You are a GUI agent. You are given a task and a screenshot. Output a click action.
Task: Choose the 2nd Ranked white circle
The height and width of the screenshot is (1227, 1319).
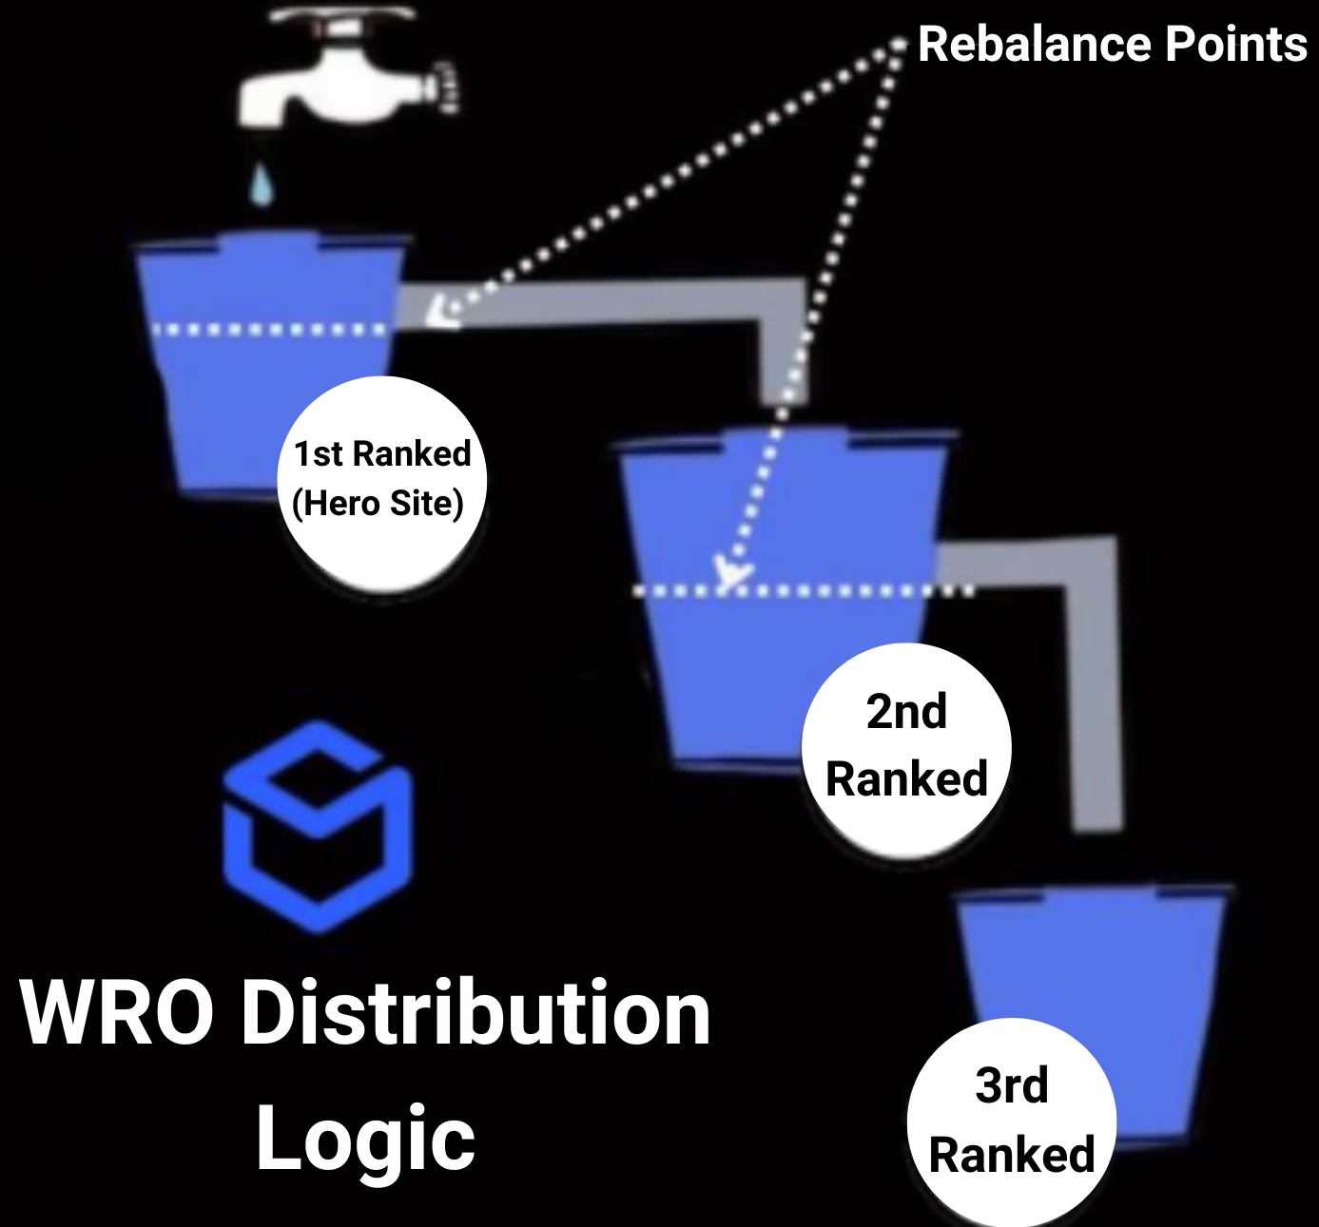906,746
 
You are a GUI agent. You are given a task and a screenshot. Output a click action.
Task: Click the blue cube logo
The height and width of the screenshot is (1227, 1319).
319,827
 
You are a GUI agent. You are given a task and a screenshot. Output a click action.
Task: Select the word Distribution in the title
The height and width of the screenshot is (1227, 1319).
475,1013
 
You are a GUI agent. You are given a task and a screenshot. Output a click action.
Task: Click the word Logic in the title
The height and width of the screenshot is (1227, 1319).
365,1139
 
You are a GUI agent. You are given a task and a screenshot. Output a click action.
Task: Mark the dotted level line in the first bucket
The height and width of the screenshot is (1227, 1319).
271,330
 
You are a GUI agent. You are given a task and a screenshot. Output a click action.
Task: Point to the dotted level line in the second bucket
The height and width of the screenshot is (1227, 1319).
804,591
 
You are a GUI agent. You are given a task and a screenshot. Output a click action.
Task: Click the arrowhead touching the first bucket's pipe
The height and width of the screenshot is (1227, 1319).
439,311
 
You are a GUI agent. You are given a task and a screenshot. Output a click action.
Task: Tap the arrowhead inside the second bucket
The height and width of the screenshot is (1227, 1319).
732,570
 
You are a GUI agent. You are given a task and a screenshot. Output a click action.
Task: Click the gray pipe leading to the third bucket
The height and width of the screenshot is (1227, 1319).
1094,684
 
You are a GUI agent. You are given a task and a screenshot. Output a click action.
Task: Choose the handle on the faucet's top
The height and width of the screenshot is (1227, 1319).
342,17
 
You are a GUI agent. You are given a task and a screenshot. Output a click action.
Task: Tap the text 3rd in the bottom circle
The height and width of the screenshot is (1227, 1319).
1011,1085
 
